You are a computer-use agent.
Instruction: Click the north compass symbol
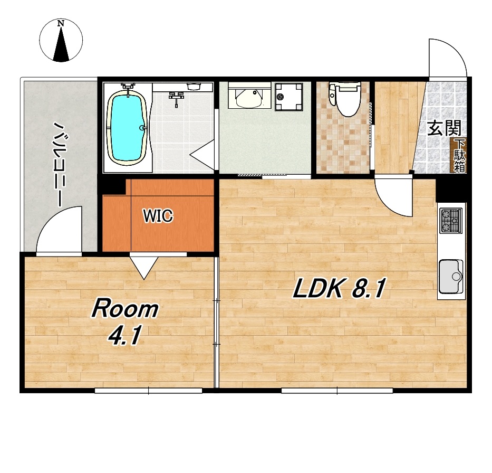click(x=61, y=40)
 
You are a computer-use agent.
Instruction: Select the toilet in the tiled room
click(x=344, y=99)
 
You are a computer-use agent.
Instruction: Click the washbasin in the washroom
click(x=248, y=96)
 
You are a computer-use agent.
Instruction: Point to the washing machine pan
click(x=288, y=97)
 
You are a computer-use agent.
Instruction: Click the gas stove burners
click(x=450, y=221)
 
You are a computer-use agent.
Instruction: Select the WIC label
click(x=158, y=216)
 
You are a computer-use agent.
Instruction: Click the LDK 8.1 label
click(x=339, y=288)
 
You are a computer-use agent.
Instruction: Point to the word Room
click(x=125, y=309)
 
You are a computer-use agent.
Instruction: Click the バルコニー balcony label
click(x=59, y=164)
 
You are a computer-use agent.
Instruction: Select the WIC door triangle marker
click(x=144, y=268)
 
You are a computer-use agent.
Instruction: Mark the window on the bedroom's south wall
click(x=148, y=391)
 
